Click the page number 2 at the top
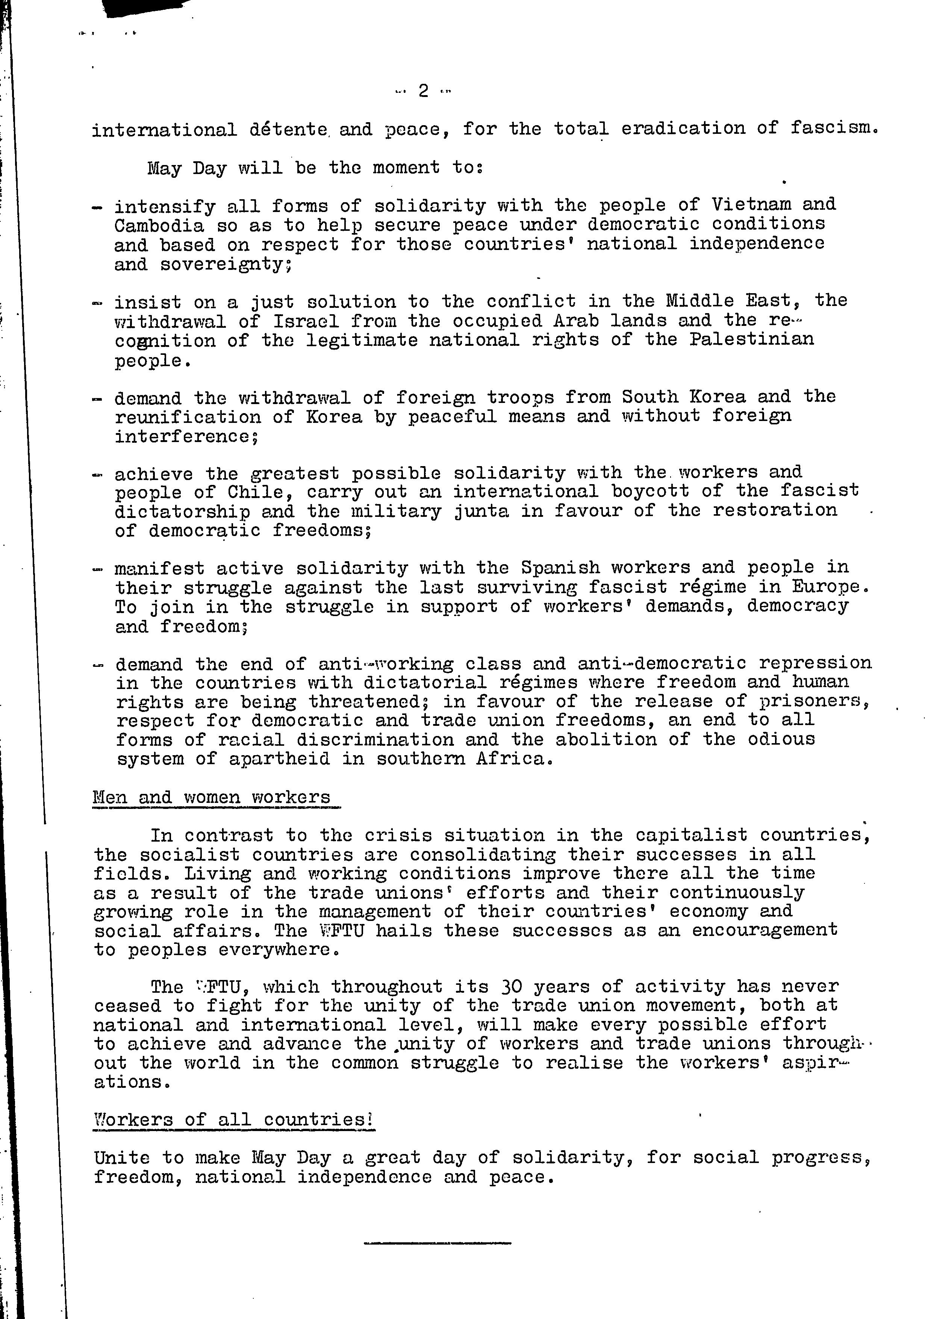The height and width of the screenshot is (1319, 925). click(424, 91)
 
